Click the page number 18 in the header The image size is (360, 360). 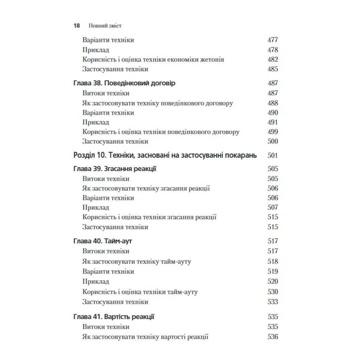pyautogui.click(x=76, y=26)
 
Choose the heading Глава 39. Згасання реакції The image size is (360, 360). pyautogui.click(x=114, y=169)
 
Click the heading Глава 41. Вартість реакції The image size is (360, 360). pyautogui.click(x=114, y=317)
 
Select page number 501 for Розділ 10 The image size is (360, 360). pyautogui.click(x=273, y=156)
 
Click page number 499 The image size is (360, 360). pyautogui.click(x=273, y=132)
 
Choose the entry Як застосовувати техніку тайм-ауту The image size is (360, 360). pyautogui.click(x=136, y=261)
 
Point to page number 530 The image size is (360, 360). pyautogui.click(x=273, y=292)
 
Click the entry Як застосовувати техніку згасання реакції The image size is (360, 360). pyautogui.click(x=146, y=188)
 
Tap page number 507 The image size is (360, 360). pyautogui.click(x=273, y=208)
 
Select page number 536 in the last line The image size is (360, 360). pyautogui.click(x=273, y=337)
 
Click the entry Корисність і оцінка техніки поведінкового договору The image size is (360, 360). pyautogui.click(x=161, y=132)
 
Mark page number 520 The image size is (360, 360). pyautogui.click(x=273, y=282)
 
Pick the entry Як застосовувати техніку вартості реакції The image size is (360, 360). pyautogui.click(x=145, y=337)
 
